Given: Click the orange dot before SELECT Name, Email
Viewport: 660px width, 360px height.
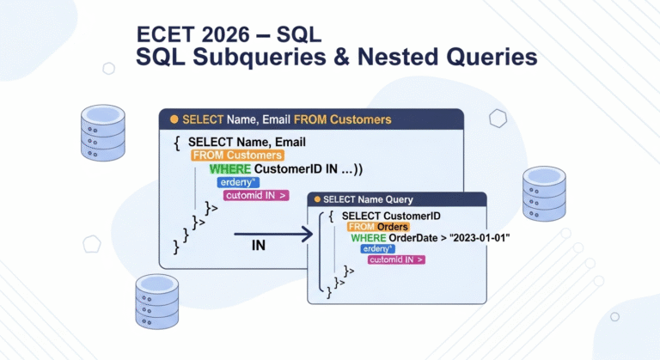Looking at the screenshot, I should pos(174,119).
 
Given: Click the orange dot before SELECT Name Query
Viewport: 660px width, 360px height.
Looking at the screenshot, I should pos(317,198).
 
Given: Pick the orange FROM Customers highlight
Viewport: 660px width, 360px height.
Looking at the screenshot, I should pos(236,156).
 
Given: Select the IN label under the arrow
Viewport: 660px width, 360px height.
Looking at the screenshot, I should pos(258,246).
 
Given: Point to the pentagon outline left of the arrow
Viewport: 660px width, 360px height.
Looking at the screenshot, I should pos(92,244).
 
